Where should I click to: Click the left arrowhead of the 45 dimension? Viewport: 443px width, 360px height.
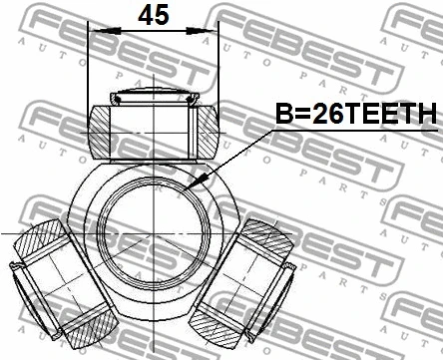tap(95, 34)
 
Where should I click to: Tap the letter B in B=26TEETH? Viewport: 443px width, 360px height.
tap(282, 116)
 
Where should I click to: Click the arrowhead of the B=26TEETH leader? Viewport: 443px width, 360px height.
tap(201, 181)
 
